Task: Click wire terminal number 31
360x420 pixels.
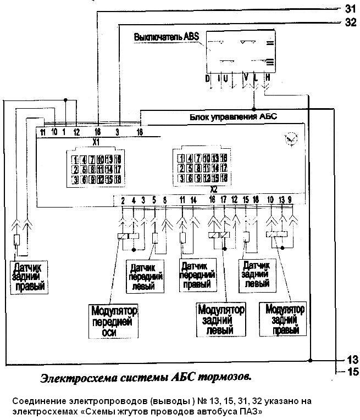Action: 350,8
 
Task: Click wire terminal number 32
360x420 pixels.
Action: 350,23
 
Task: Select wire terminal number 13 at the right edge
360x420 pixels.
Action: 352,360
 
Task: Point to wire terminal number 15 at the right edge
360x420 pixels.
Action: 352,372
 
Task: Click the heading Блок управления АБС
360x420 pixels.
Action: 234,117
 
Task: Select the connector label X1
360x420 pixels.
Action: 96,141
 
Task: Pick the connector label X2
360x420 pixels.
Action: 198,188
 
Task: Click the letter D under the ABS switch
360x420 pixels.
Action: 208,79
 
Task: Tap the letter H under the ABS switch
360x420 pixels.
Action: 268,79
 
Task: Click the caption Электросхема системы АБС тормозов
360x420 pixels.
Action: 146,377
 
